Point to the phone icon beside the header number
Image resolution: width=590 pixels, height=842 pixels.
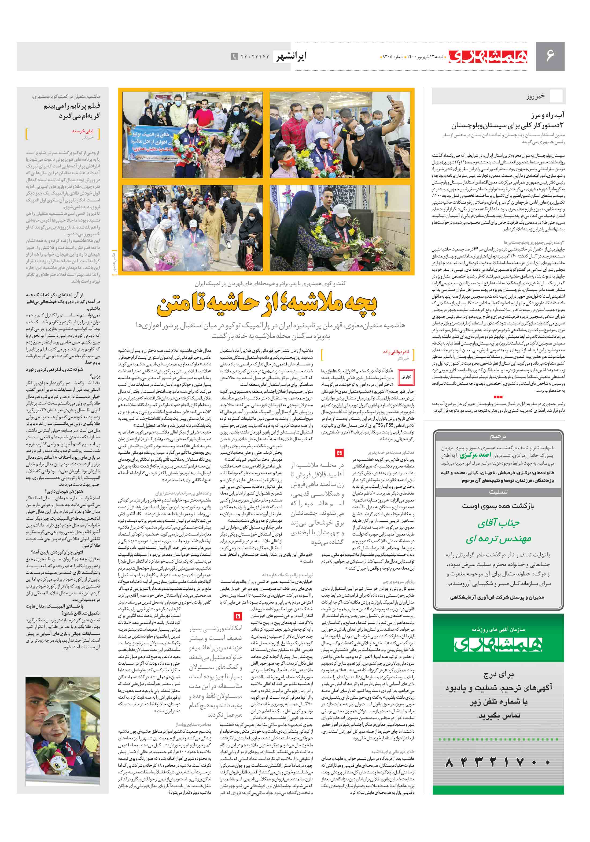[234, 57]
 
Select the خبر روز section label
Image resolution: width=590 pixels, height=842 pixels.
[535, 97]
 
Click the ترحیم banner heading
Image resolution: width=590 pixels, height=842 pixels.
[498, 437]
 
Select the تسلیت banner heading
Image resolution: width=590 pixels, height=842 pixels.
[498, 492]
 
